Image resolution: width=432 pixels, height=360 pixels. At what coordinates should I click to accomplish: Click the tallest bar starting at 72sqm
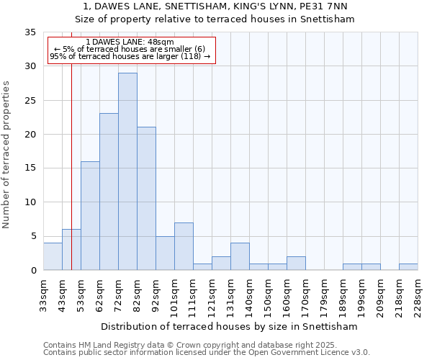(x=127, y=171)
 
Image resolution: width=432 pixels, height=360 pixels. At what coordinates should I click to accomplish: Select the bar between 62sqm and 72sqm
(x=109, y=192)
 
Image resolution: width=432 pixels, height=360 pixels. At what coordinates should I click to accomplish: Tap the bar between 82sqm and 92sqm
(x=146, y=199)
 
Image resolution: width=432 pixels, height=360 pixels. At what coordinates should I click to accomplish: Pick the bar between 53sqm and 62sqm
(x=90, y=216)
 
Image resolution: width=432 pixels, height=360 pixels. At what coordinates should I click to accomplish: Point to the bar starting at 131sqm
(x=240, y=256)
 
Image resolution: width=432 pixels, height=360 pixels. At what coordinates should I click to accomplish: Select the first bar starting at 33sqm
(x=53, y=256)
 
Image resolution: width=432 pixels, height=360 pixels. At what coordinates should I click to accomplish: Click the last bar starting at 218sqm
(x=408, y=266)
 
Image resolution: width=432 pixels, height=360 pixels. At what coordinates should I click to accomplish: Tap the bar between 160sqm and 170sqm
(x=296, y=264)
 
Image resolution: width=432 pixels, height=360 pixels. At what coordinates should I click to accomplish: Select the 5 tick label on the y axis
(x=32, y=236)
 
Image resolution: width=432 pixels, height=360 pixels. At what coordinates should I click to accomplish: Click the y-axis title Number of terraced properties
(x=7, y=155)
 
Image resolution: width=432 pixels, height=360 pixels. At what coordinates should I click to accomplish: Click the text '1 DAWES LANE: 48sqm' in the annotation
(x=130, y=42)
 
